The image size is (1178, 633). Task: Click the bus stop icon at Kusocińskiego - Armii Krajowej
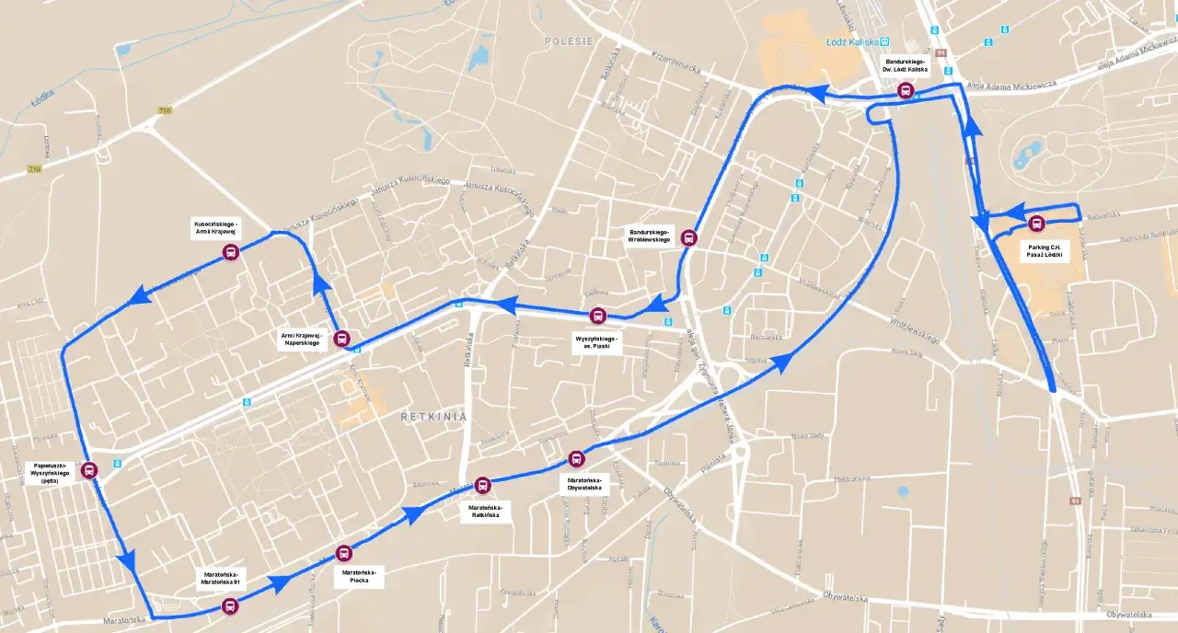230,253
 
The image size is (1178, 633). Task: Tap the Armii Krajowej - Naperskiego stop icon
341,339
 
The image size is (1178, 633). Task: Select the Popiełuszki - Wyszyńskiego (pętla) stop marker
89,470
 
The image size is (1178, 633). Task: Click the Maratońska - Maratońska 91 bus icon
229,605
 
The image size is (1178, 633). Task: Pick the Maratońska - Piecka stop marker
343,553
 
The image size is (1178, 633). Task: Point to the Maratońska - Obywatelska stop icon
576,458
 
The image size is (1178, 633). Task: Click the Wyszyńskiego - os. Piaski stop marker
598,316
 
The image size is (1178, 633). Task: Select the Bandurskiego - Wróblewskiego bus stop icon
688,237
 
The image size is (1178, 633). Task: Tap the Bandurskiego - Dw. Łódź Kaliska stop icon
906,90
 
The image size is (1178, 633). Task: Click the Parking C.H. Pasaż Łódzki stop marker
1036,224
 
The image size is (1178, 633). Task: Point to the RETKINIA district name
433,417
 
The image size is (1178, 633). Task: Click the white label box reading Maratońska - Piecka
360,577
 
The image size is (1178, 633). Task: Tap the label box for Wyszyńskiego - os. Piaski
596,342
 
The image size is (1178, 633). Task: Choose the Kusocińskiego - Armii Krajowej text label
215,228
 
